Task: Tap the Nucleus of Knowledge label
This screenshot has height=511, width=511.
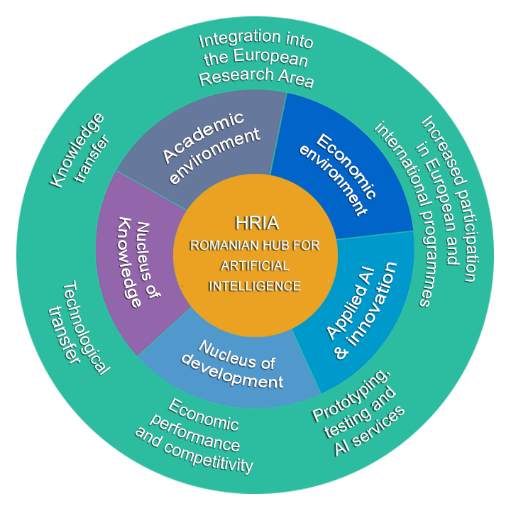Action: point(135,259)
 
